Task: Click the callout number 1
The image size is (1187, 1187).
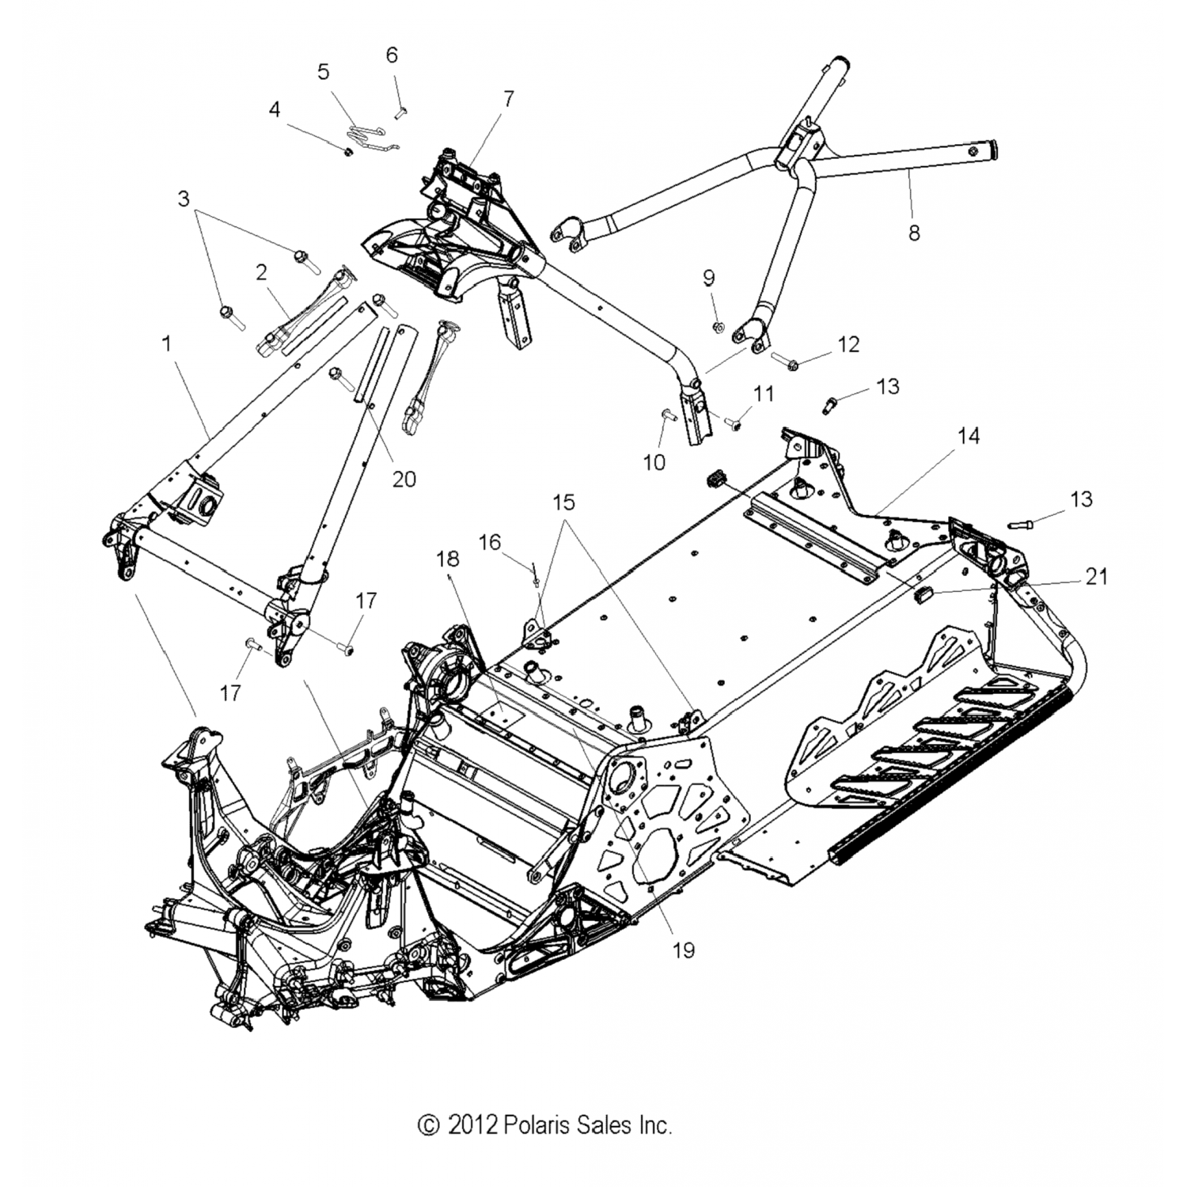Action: [166, 343]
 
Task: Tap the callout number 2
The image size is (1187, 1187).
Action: [261, 272]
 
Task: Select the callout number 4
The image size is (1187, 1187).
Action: [274, 108]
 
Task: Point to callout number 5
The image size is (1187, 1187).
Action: [323, 71]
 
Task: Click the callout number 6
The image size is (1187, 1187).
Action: [392, 55]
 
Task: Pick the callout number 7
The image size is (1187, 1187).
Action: [508, 98]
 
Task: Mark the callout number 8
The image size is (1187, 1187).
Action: [914, 233]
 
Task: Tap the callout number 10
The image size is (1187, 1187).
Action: [654, 462]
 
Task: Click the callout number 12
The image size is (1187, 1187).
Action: [848, 344]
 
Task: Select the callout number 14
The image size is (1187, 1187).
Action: [969, 435]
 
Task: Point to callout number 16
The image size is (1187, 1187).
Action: [490, 542]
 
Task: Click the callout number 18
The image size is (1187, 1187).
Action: [447, 559]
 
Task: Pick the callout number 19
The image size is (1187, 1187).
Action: [683, 950]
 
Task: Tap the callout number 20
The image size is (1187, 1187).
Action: [404, 479]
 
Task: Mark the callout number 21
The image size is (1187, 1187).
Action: [1096, 577]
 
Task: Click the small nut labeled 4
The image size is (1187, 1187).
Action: [347, 150]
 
